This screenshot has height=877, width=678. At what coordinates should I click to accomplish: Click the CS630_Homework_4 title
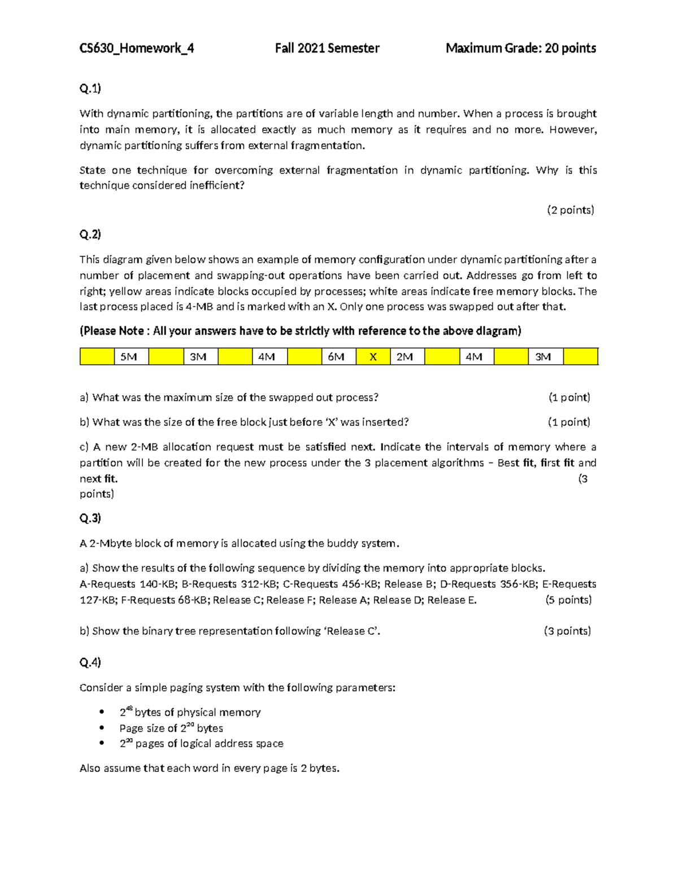(136, 49)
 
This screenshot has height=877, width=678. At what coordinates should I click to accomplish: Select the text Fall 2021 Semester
(327, 49)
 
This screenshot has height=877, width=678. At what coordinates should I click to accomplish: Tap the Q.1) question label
(90, 88)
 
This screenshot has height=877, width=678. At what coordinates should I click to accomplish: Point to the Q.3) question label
(90, 518)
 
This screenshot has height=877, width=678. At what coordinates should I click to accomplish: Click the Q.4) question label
(90, 662)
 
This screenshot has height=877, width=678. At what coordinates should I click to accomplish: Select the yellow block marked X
(373, 357)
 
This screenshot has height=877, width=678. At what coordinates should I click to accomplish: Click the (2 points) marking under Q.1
(570, 210)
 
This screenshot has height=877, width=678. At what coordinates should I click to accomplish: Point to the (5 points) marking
(568, 600)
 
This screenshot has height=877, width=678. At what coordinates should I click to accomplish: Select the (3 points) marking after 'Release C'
(567, 631)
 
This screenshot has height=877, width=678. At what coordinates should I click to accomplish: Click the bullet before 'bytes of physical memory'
(102, 712)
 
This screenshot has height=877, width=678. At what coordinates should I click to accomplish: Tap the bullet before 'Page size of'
(102, 728)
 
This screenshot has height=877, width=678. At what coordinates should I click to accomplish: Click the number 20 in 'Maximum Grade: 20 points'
(551, 49)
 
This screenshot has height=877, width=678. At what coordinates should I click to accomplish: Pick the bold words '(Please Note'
(112, 331)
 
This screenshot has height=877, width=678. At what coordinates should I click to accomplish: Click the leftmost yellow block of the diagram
(97, 357)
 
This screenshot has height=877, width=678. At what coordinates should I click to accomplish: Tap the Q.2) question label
(90, 234)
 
